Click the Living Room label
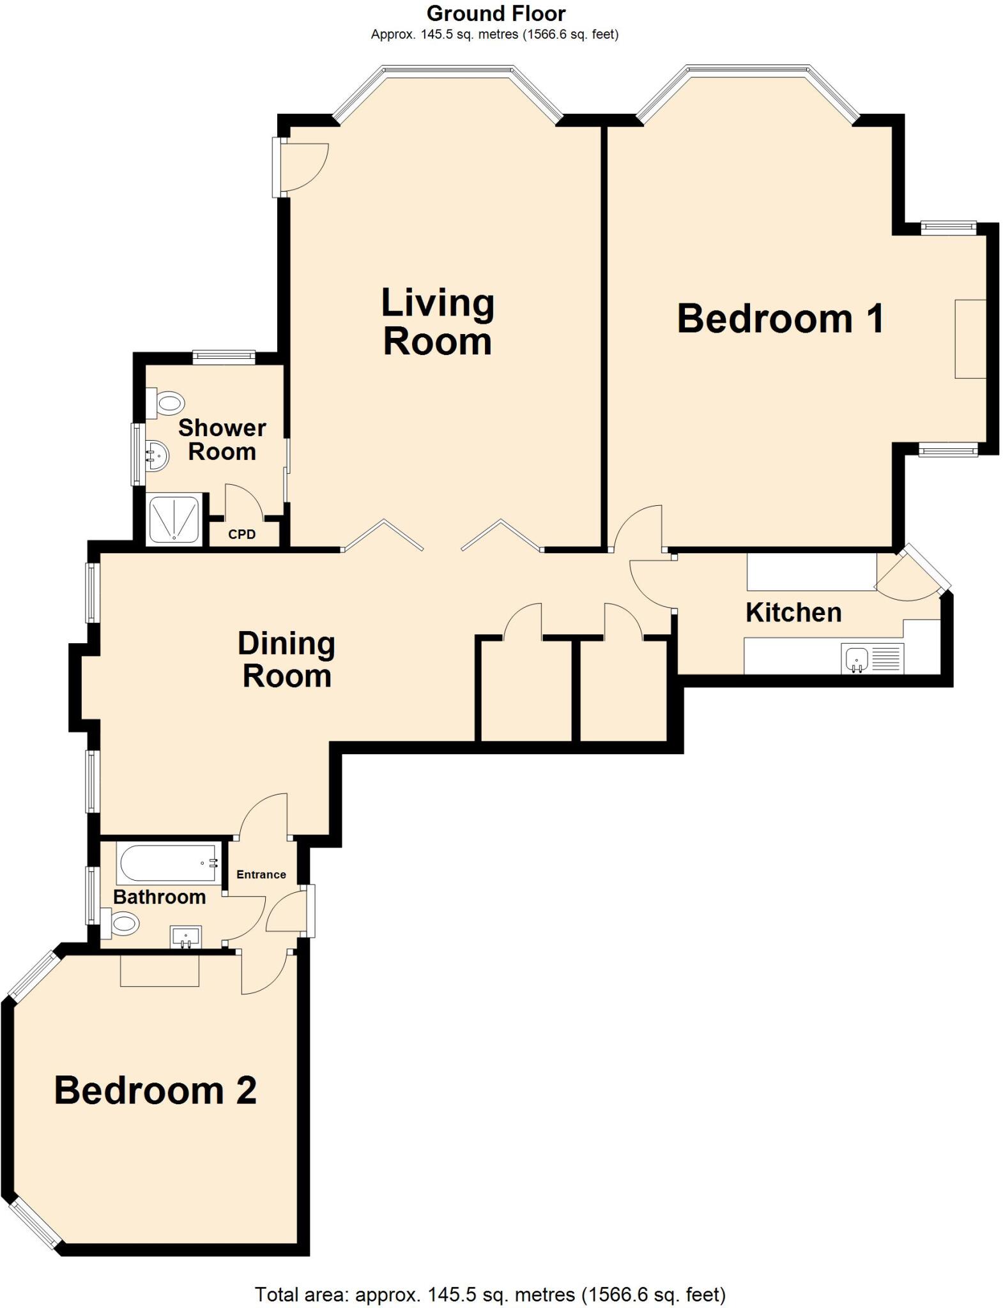438,322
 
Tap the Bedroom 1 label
780,319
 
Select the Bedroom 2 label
155,1090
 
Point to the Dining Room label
286,659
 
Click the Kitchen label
793,612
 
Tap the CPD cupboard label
242,535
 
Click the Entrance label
261,874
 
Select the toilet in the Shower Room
166,404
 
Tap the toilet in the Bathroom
121,924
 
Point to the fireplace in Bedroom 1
970,338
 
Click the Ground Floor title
496,13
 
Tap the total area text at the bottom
490,1294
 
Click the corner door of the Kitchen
910,575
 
